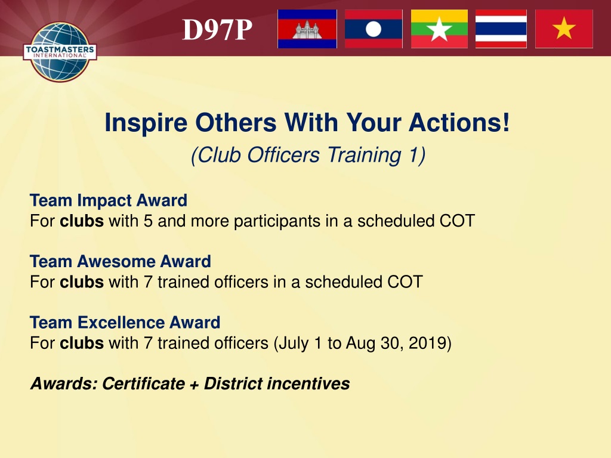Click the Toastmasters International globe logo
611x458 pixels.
[x=60, y=52]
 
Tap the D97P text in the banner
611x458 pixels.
[x=217, y=30]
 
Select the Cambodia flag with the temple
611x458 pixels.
[x=307, y=29]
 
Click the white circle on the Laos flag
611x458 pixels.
[x=374, y=29]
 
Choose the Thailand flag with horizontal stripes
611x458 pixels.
[x=501, y=29]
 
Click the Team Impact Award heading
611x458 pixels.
[x=109, y=200]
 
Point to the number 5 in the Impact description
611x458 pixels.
[x=148, y=221]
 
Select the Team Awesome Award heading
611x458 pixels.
[x=121, y=261]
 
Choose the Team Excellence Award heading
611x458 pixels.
[x=125, y=323]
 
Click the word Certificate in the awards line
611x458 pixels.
[x=143, y=383]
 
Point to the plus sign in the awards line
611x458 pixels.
[x=194, y=385]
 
